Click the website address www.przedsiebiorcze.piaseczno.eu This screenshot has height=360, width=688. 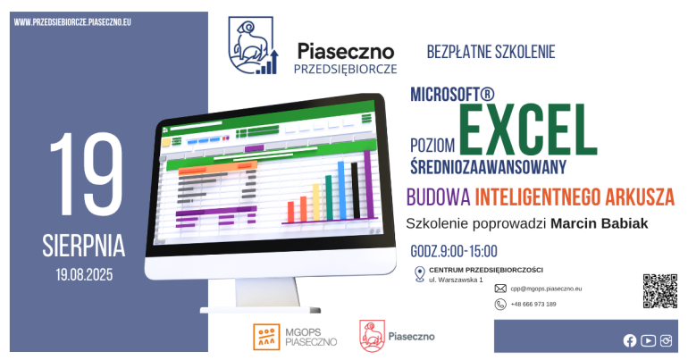(x=72, y=22)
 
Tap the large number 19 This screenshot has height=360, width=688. (x=87, y=173)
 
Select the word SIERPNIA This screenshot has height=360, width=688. (x=84, y=246)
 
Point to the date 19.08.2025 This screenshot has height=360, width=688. (x=84, y=275)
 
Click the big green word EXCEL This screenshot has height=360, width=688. (x=528, y=130)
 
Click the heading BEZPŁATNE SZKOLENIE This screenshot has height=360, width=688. (x=491, y=52)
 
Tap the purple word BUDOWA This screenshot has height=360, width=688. (x=439, y=197)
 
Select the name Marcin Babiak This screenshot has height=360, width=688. (x=600, y=223)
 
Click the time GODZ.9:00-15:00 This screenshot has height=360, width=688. (x=454, y=251)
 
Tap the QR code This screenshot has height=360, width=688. (x=660, y=291)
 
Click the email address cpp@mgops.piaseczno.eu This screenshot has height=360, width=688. (x=546, y=289)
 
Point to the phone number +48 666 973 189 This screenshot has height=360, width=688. (x=533, y=305)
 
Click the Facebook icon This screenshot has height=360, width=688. (x=630, y=340)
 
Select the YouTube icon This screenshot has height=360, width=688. (x=648, y=340)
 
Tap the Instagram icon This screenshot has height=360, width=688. (x=666, y=340)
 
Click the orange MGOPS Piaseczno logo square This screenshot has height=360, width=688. (x=266, y=337)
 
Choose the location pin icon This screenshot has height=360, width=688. (x=419, y=274)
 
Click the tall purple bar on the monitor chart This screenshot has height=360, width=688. (x=368, y=185)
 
